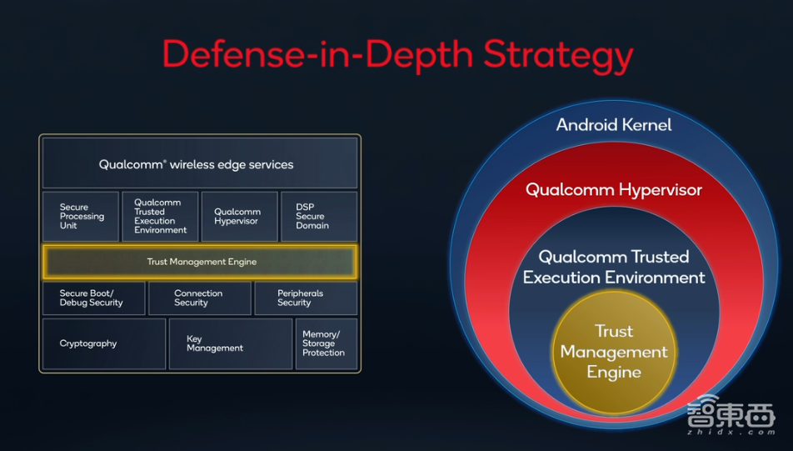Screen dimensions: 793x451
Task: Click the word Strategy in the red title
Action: pyautogui.click(x=558, y=55)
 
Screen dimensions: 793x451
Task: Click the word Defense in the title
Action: pyautogui.click(x=234, y=53)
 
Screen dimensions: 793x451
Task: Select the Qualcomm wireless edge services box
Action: pyautogui.click(x=200, y=163)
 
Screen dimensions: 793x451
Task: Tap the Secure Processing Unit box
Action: pyautogui.click(x=81, y=216)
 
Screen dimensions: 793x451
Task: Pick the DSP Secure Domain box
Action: pyautogui.click(x=319, y=216)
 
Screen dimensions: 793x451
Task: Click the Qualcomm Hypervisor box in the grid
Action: pyautogui.click(x=240, y=216)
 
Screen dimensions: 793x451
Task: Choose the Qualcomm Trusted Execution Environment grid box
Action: pyautogui.click(x=160, y=216)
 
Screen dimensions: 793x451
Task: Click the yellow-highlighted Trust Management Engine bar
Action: pyautogui.click(x=200, y=262)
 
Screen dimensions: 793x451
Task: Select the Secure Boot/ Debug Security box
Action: pyautogui.click(x=94, y=298)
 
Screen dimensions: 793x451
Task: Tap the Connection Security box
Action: pyautogui.click(x=200, y=298)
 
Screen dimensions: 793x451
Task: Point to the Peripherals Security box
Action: pyautogui.click(x=306, y=298)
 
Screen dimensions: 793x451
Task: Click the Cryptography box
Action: pyautogui.click(x=104, y=343)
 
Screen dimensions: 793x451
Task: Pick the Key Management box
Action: pyautogui.click(x=231, y=343)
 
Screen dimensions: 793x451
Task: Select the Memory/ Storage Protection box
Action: pyautogui.click(x=327, y=343)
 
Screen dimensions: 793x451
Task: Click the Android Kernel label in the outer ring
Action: pyautogui.click(x=614, y=125)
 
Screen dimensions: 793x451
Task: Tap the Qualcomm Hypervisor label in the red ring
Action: pyautogui.click(x=614, y=190)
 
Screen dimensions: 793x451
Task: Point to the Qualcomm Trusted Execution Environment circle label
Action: pyautogui.click(x=614, y=268)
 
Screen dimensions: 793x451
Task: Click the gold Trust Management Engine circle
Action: pyautogui.click(x=614, y=351)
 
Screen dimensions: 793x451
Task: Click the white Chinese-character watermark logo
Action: pyautogui.click(x=731, y=412)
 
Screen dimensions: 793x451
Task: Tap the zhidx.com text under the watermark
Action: pyautogui.click(x=731, y=432)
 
